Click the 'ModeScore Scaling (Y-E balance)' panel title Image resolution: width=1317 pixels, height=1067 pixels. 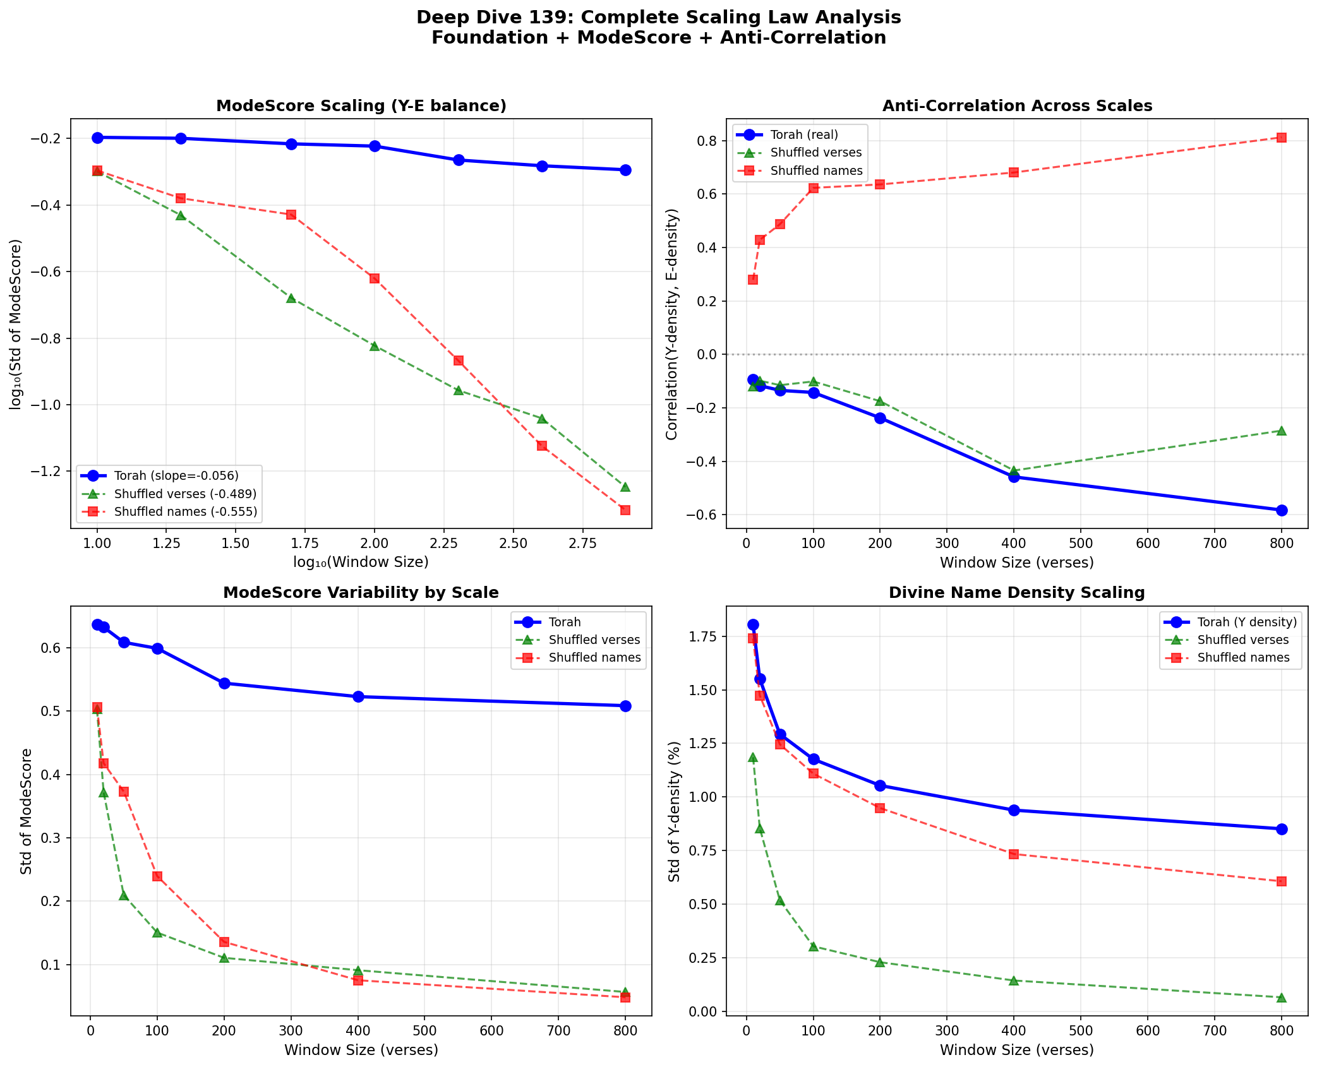(361, 106)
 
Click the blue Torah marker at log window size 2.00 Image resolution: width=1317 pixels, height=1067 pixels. (375, 146)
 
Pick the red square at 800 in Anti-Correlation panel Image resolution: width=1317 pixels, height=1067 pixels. (1281, 138)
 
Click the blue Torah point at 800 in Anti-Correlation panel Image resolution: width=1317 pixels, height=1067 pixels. (1281, 510)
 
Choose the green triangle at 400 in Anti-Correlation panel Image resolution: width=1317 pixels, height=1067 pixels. (1014, 470)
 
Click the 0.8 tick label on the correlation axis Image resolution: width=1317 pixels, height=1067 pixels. (707, 141)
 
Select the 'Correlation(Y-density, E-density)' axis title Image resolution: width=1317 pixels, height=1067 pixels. (671, 324)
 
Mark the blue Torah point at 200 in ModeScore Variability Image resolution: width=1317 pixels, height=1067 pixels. (224, 683)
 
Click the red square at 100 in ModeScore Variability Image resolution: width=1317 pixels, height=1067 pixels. (157, 876)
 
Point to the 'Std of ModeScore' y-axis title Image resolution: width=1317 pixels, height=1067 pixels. (26, 811)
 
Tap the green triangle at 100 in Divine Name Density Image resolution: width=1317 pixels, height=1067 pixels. (814, 946)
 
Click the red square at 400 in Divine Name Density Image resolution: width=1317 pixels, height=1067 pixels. (1014, 854)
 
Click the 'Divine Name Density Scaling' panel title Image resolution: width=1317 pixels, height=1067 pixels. (1016, 593)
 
